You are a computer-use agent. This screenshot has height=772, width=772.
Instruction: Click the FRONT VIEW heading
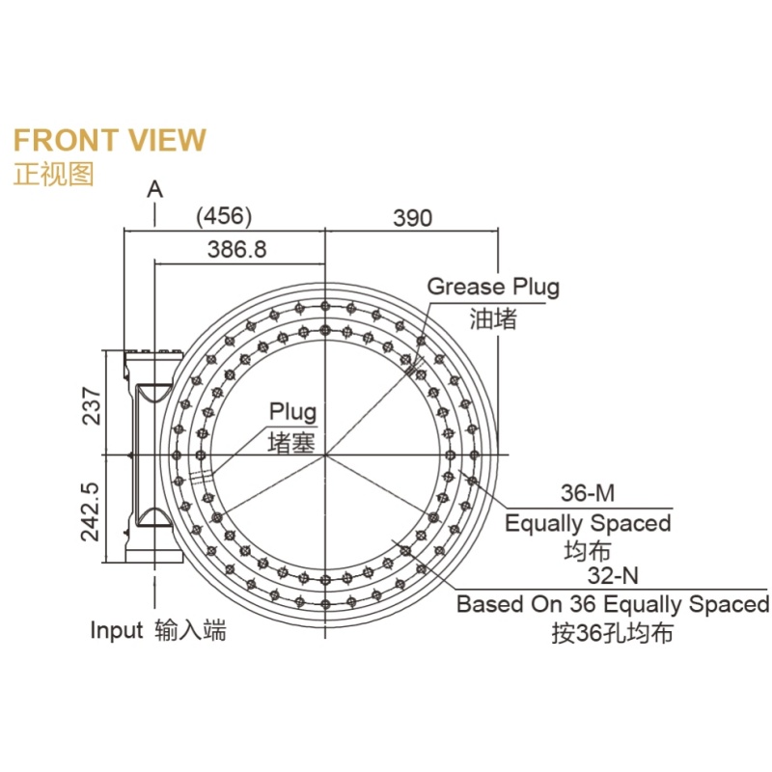(109, 140)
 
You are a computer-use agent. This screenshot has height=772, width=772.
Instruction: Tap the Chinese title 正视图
(53, 174)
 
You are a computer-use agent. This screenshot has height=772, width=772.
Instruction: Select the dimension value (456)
(224, 215)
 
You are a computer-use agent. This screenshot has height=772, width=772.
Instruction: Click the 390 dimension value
(413, 218)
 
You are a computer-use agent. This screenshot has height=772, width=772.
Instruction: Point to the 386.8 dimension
(236, 249)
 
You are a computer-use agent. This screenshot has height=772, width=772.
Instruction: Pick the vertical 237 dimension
(92, 405)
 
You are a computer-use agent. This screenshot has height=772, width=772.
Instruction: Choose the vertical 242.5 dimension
(90, 511)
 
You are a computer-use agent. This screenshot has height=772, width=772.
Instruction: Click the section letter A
(154, 188)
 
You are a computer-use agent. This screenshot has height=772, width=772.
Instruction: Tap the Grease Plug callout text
(493, 287)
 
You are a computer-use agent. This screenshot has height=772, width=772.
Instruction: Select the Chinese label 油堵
(493, 318)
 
